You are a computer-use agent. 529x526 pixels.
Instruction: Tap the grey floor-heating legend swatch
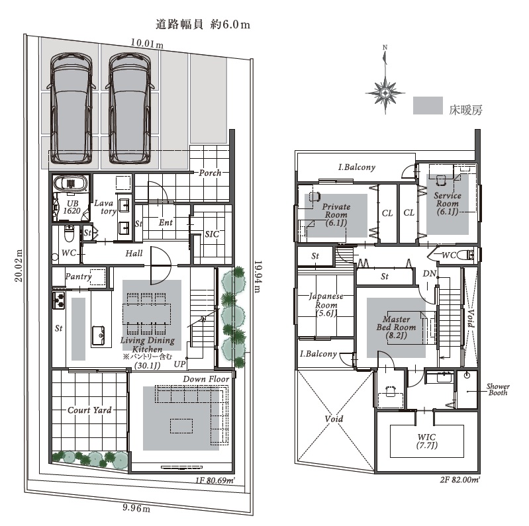click(x=428, y=106)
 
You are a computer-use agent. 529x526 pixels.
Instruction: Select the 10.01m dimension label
click(x=147, y=44)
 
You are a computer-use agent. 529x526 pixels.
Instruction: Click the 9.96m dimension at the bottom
click(x=136, y=507)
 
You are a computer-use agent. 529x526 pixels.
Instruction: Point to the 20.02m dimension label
click(x=19, y=266)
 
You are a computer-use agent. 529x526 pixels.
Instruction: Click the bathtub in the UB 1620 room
click(x=71, y=184)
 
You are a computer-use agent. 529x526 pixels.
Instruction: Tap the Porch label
click(x=210, y=173)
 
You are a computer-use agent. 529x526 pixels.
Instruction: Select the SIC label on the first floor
click(x=212, y=234)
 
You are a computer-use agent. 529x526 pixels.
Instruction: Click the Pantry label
click(x=79, y=277)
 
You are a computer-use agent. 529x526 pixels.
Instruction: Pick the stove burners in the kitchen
click(x=59, y=300)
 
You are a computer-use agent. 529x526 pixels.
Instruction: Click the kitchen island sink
click(x=98, y=335)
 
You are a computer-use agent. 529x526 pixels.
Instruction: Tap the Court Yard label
click(x=89, y=410)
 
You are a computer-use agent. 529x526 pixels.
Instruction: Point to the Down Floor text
click(x=206, y=379)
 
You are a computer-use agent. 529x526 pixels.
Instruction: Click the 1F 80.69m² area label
click(x=215, y=480)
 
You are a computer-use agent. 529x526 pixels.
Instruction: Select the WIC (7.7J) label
click(x=426, y=441)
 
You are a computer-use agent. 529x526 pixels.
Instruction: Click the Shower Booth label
click(x=498, y=390)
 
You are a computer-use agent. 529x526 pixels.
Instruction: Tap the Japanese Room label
click(x=326, y=305)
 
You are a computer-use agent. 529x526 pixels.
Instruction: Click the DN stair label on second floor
click(x=430, y=273)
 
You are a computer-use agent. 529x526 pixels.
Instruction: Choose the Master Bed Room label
click(x=397, y=327)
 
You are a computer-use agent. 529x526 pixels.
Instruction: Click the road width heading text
click(x=203, y=24)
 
